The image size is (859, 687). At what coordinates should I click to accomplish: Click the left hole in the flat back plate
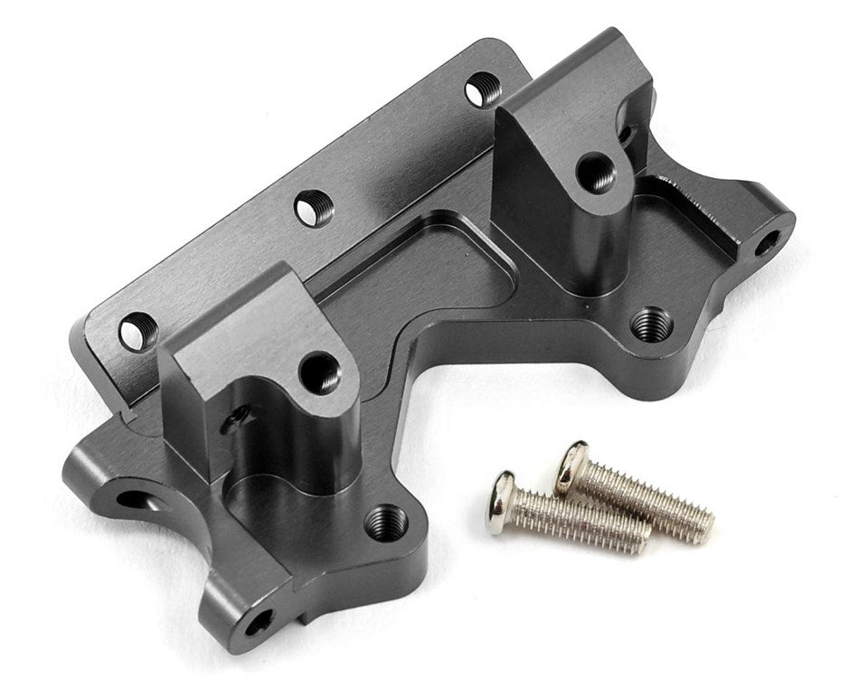click(137, 332)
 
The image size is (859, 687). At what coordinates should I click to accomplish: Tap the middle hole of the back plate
click(314, 209)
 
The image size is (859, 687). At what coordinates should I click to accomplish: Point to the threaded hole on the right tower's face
click(594, 173)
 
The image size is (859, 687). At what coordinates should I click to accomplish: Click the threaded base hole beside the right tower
click(651, 324)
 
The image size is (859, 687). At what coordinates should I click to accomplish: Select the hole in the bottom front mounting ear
click(259, 622)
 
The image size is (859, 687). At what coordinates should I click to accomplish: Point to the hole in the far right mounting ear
click(765, 241)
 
